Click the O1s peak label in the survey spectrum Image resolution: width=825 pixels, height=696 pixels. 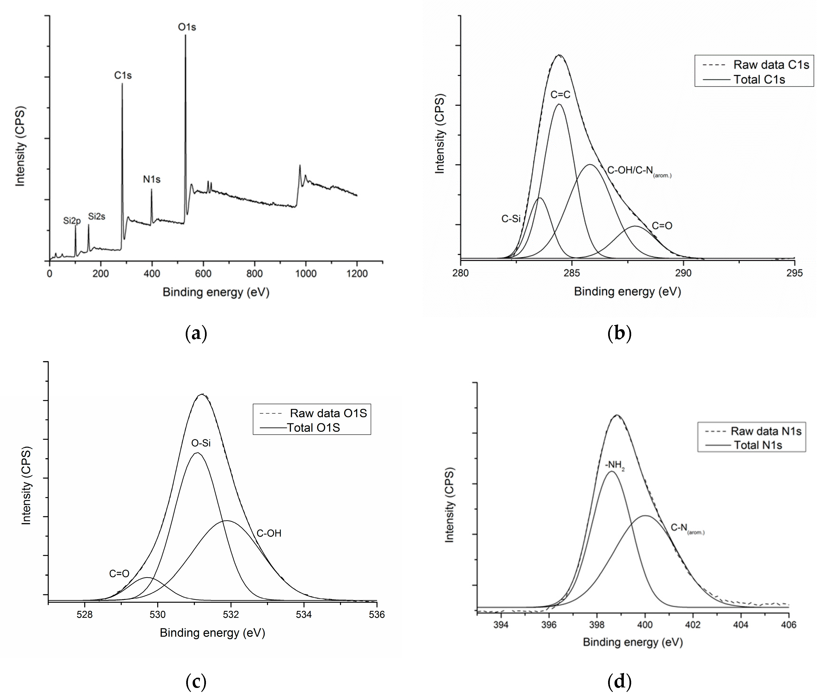(187, 27)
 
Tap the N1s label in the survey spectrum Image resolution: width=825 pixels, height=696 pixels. (151, 180)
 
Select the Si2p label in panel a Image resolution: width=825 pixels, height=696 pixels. (72, 221)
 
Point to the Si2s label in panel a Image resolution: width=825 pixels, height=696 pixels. (97, 217)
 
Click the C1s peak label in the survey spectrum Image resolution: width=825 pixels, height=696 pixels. (123, 75)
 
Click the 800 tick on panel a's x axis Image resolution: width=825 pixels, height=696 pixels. (254, 274)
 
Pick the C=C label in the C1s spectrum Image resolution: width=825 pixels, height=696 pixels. (560, 95)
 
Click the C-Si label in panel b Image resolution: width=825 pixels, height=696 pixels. (511, 219)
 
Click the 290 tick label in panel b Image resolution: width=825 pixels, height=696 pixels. (683, 273)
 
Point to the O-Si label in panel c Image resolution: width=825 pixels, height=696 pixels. (201, 443)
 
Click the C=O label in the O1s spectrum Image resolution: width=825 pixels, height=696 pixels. (119, 574)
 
